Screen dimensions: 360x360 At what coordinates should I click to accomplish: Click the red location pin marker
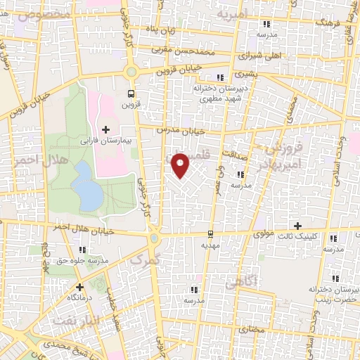(181, 165)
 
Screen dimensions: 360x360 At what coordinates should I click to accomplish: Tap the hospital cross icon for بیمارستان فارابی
(106, 129)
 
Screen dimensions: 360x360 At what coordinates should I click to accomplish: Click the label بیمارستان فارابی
(107, 141)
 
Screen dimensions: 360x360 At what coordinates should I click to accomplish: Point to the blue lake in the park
(86, 186)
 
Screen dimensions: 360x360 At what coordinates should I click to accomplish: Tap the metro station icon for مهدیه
(211, 234)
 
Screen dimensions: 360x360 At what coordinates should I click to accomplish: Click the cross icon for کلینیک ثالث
(299, 226)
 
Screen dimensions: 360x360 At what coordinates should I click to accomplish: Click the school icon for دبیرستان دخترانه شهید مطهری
(220, 77)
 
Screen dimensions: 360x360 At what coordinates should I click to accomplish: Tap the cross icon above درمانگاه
(80, 287)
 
